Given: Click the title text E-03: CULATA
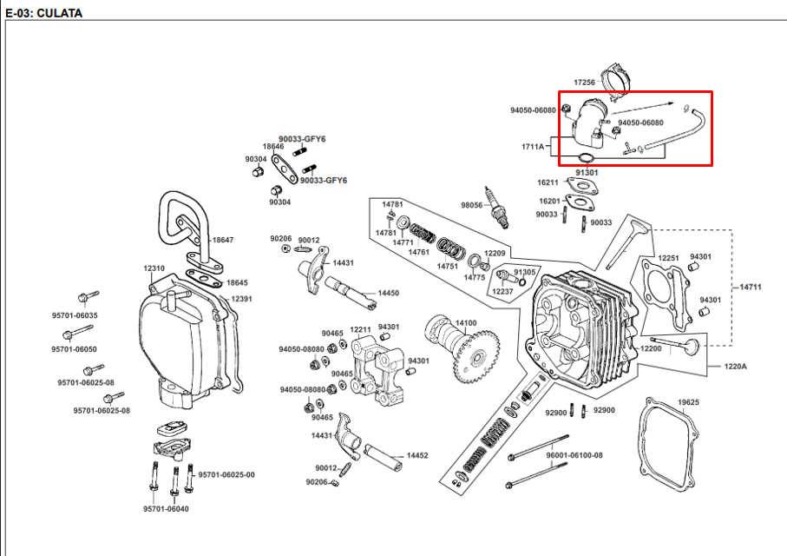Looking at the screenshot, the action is (43, 13).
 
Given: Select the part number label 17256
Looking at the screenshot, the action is (584, 82).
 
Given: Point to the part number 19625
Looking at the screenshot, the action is (688, 402).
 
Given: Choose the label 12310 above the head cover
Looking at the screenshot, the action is (154, 268).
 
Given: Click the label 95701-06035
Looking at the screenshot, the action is (75, 315).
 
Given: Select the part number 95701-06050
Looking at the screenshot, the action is (75, 349).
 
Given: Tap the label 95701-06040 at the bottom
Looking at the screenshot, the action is (166, 509).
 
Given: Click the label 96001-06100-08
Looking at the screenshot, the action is (574, 455).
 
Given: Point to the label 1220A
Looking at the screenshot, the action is (735, 367).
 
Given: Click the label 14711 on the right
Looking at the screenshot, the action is (751, 287).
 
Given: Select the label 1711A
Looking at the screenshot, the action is (533, 147).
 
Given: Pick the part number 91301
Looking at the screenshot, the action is (587, 172).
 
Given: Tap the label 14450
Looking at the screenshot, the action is (389, 293).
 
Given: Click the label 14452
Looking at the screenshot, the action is (417, 455).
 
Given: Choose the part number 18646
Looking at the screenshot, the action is (273, 146).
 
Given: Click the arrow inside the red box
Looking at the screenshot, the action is (642, 109).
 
